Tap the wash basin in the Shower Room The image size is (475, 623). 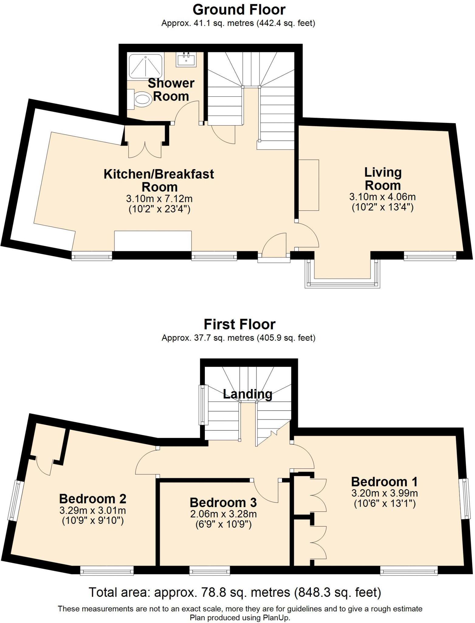[186, 59]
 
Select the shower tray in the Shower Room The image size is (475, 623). [145, 66]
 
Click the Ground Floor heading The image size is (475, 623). [239, 10]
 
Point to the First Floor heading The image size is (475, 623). [239, 324]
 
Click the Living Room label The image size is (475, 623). [383, 179]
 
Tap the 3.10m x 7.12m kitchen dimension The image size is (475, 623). [159, 199]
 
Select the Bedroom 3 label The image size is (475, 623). [223, 503]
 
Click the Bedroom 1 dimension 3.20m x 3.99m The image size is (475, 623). [384, 493]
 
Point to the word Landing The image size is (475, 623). [247, 394]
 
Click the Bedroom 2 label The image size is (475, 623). [93, 499]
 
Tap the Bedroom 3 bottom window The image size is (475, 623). [210, 570]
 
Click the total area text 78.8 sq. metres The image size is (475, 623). [235, 593]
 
